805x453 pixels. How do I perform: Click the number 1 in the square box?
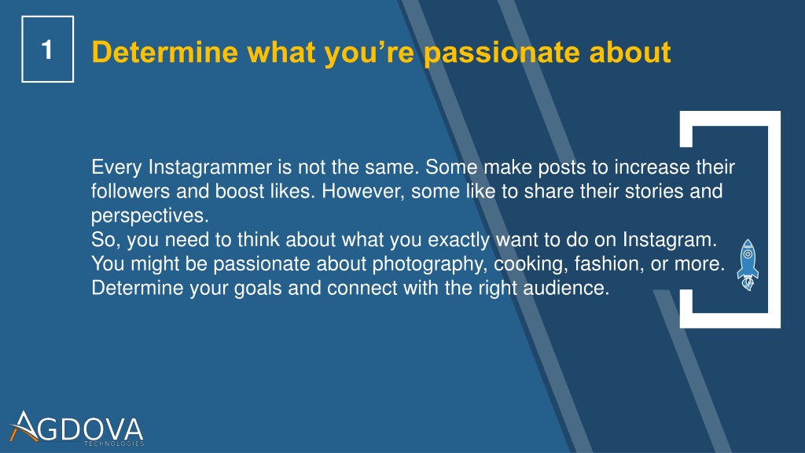pyautogui.click(x=46, y=50)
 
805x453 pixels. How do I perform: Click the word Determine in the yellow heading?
pyautogui.click(x=165, y=52)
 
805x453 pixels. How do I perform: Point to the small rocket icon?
pyautogui.click(x=748, y=264)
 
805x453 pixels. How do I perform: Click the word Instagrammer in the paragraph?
pyautogui.click(x=210, y=168)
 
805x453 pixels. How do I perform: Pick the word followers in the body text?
pyautogui.click(x=130, y=191)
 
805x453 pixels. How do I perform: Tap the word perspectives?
pyautogui.click(x=150, y=216)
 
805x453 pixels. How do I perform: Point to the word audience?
pyautogui.click(x=566, y=288)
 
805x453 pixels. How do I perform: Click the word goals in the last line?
pyautogui.click(x=258, y=289)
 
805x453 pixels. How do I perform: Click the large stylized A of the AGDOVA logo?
pyautogui.click(x=24, y=426)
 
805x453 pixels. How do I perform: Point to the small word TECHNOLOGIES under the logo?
pyautogui.click(x=114, y=444)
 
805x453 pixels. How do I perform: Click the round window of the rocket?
pyautogui.click(x=748, y=254)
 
